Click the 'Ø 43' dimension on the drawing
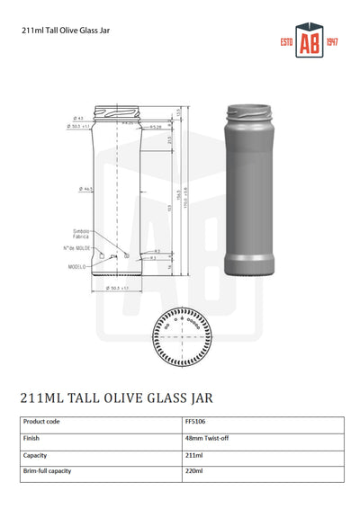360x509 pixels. click(x=79, y=119)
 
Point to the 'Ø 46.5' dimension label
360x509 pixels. click(x=85, y=189)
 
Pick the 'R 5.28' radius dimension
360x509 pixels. click(x=156, y=128)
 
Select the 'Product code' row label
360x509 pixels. click(x=41, y=421)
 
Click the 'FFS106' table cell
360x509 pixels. click(x=194, y=421)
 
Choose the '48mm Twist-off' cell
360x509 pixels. click(x=208, y=438)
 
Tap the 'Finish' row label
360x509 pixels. click(x=32, y=438)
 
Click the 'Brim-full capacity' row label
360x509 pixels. click(x=47, y=470)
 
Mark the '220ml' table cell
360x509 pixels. click(x=193, y=470)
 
